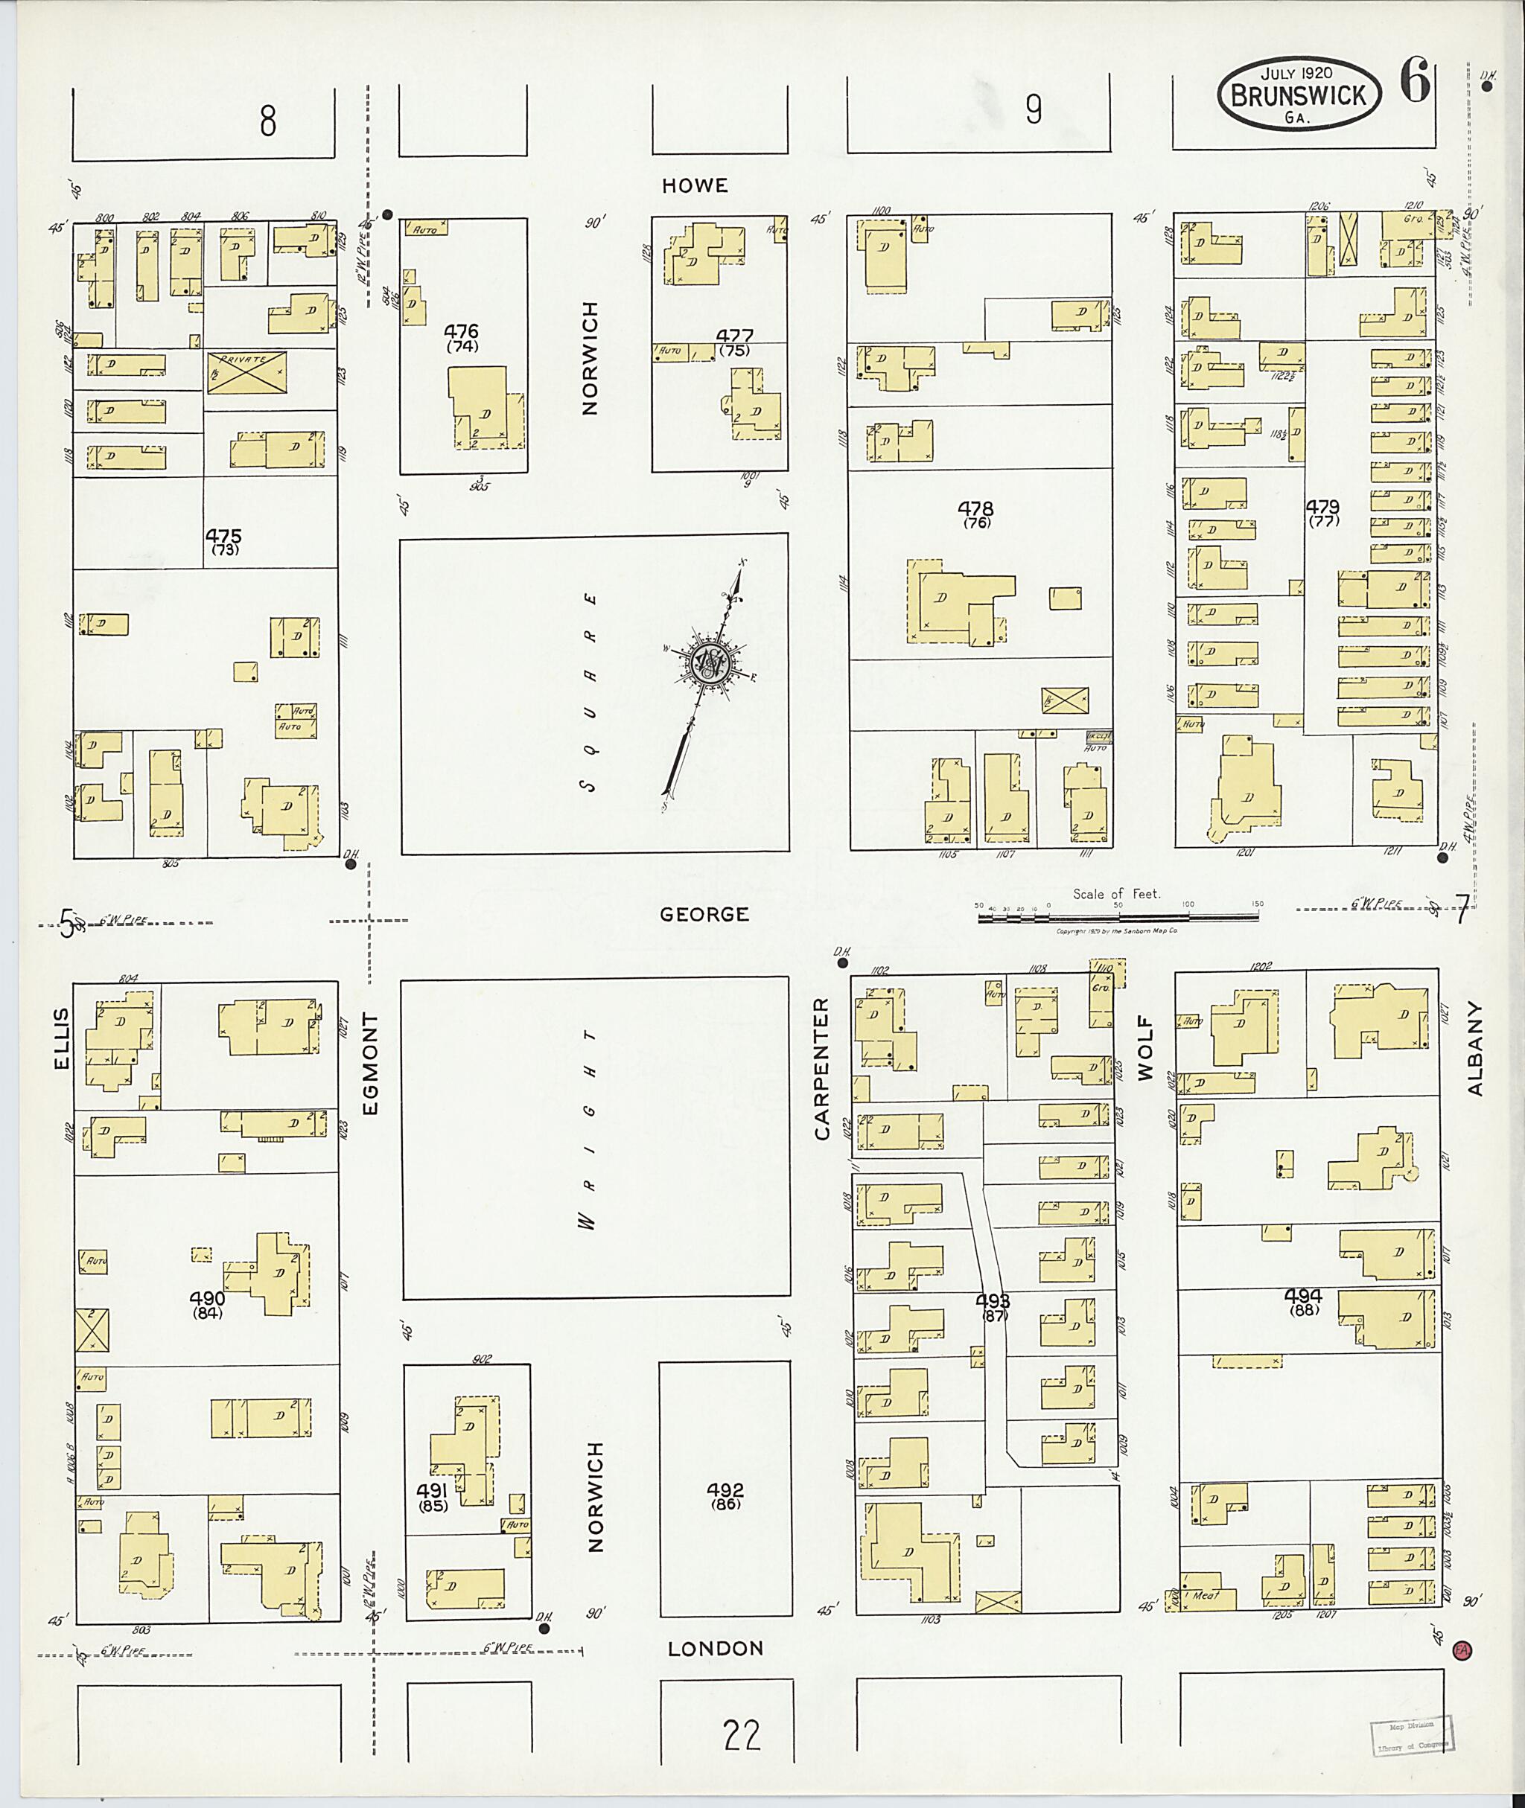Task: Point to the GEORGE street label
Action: [704, 914]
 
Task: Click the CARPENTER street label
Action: [821, 1068]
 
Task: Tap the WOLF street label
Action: [1145, 1050]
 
